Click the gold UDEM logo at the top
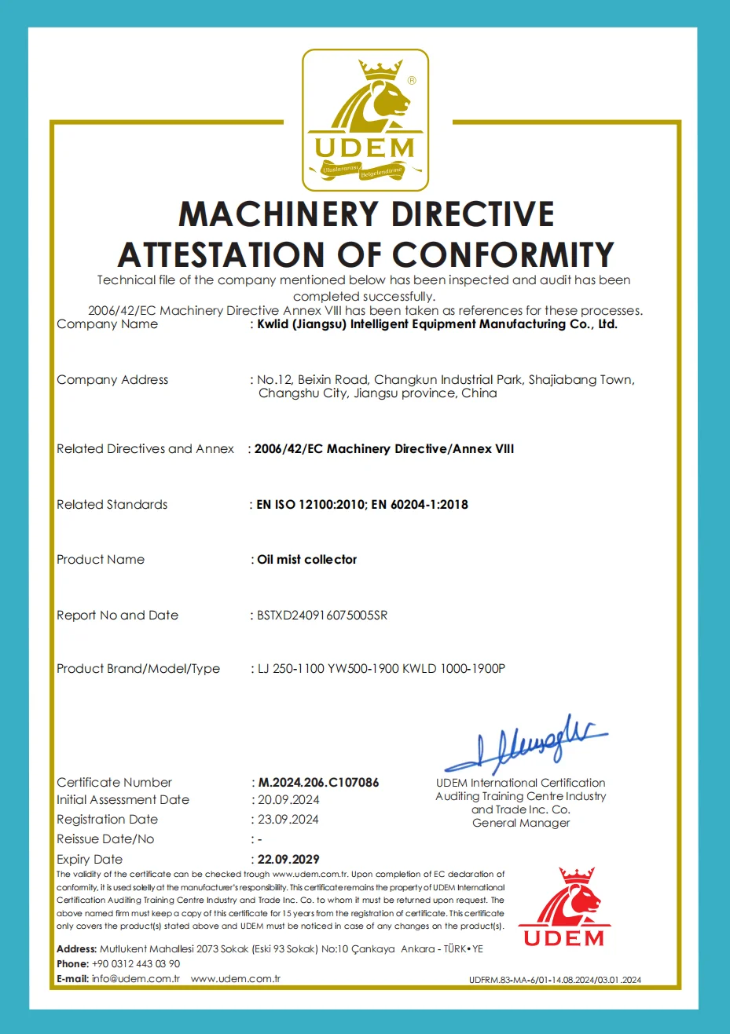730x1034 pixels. tap(365, 120)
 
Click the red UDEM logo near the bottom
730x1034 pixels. tap(563, 908)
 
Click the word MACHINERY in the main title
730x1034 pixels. tap(277, 215)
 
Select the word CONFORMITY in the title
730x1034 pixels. tap(503, 255)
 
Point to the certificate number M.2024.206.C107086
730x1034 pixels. tap(318, 783)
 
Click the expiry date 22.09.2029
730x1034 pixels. tap(288, 860)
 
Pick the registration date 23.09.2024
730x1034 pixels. tap(288, 820)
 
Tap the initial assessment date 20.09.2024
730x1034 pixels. tap(288, 800)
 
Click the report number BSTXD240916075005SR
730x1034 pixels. tap(322, 616)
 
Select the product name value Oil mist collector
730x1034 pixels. tap(306, 560)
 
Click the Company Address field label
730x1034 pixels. tap(112, 380)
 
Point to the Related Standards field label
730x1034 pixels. tap(112, 505)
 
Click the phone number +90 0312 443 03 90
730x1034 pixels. tap(136, 964)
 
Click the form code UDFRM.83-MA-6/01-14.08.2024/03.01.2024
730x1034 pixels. tap(555, 980)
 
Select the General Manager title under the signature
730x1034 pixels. tap(521, 824)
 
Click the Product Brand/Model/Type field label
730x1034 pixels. tap(138, 669)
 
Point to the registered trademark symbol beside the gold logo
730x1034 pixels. tap(412, 81)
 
